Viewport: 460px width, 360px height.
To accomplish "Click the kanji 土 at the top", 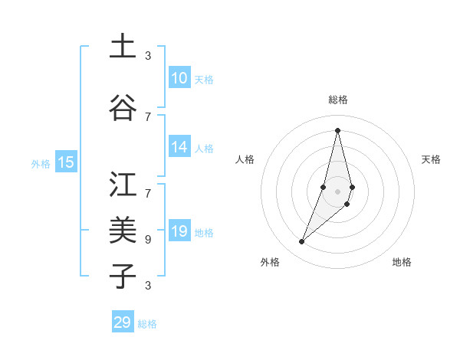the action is (x=123, y=46).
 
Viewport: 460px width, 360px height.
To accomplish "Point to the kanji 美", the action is (x=123, y=229).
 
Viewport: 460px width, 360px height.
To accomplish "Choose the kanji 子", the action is (x=123, y=275).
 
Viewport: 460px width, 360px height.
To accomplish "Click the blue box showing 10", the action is (x=179, y=78).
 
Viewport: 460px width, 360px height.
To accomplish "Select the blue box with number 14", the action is (x=179, y=147).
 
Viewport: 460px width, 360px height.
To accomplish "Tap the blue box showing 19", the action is (x=179, y=231).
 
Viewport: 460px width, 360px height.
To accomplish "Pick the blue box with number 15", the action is (x=66, y=162).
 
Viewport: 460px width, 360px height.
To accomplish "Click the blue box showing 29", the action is (x=123, y=322).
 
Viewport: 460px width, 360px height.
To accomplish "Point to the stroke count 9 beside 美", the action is (x=147, y=239).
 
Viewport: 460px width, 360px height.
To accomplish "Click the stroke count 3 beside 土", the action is (x=147, y=56).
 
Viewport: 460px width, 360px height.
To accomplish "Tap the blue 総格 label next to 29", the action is (x=147, y=324).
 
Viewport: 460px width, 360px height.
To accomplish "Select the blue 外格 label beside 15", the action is (x=41, y=163).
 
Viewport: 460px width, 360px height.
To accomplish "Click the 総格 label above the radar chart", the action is (x=337, y=100).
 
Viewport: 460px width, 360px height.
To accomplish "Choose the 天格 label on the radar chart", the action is (x=432, y=159).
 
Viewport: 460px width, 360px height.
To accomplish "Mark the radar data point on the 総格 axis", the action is (x=337, y=130).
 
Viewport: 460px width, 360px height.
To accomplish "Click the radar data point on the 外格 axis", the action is (x=301, y=242).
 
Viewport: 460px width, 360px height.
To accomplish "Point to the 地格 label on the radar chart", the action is (x=402, y=262).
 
